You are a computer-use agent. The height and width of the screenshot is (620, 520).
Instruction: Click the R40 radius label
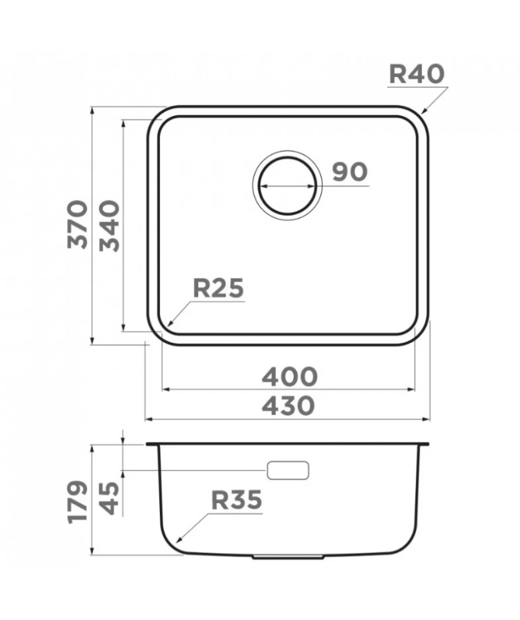pyautogui.click(x=417, y=74)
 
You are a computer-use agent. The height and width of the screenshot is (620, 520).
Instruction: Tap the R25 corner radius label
pyautogui.click(x=218, y=288)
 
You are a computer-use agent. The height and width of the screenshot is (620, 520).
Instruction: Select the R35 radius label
pyautogui.click(x=237, y=500)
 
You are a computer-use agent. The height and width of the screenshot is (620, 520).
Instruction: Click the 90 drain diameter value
pyautogui.click(x=350, y=172)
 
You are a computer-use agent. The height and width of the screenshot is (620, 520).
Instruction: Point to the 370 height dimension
pyautogui.click(x=78, y=224)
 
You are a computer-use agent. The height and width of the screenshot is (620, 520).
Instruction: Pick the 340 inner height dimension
pyautogui.click(x=109, y=225)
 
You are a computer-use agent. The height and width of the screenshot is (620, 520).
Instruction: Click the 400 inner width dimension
pyautogui.click(x=289, y=377)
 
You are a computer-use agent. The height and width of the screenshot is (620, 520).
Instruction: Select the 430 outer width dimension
pyautogui.click(x=289, y=406)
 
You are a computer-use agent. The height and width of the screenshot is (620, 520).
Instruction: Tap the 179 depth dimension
pyautogui.click(x=78, y=502)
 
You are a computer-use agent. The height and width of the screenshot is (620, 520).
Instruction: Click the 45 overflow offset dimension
pyautogui.click(x=109, y=498)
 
